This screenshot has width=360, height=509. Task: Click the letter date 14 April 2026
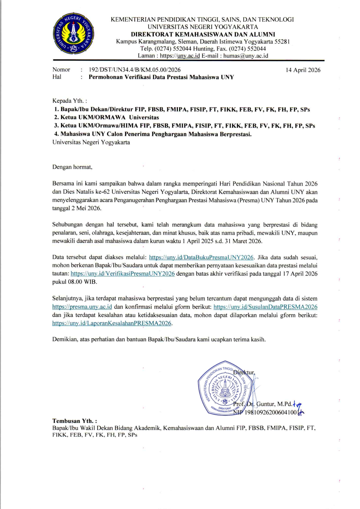click(303, 70)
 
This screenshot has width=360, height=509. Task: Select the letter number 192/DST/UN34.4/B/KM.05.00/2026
click(134, 70)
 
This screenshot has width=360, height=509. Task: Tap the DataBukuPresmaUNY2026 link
click(201, 257)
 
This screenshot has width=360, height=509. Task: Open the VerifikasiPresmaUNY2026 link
click(122, 274)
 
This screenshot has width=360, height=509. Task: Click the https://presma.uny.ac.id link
click(82, 307)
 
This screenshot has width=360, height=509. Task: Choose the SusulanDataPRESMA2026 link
click(265, 307)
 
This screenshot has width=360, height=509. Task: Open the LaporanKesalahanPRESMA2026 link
click(112, 323)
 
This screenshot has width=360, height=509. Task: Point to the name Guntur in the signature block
click(266, 404)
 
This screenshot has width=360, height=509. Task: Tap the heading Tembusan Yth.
click(74, 421)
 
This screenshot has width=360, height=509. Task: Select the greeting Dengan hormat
click(72, 167)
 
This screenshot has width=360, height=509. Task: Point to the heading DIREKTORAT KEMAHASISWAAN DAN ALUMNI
click(203, 34)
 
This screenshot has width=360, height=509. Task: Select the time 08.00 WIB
click(82, 282)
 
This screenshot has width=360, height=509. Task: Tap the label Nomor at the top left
click(61, 70)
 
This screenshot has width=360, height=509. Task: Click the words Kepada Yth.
click(69, 101)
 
